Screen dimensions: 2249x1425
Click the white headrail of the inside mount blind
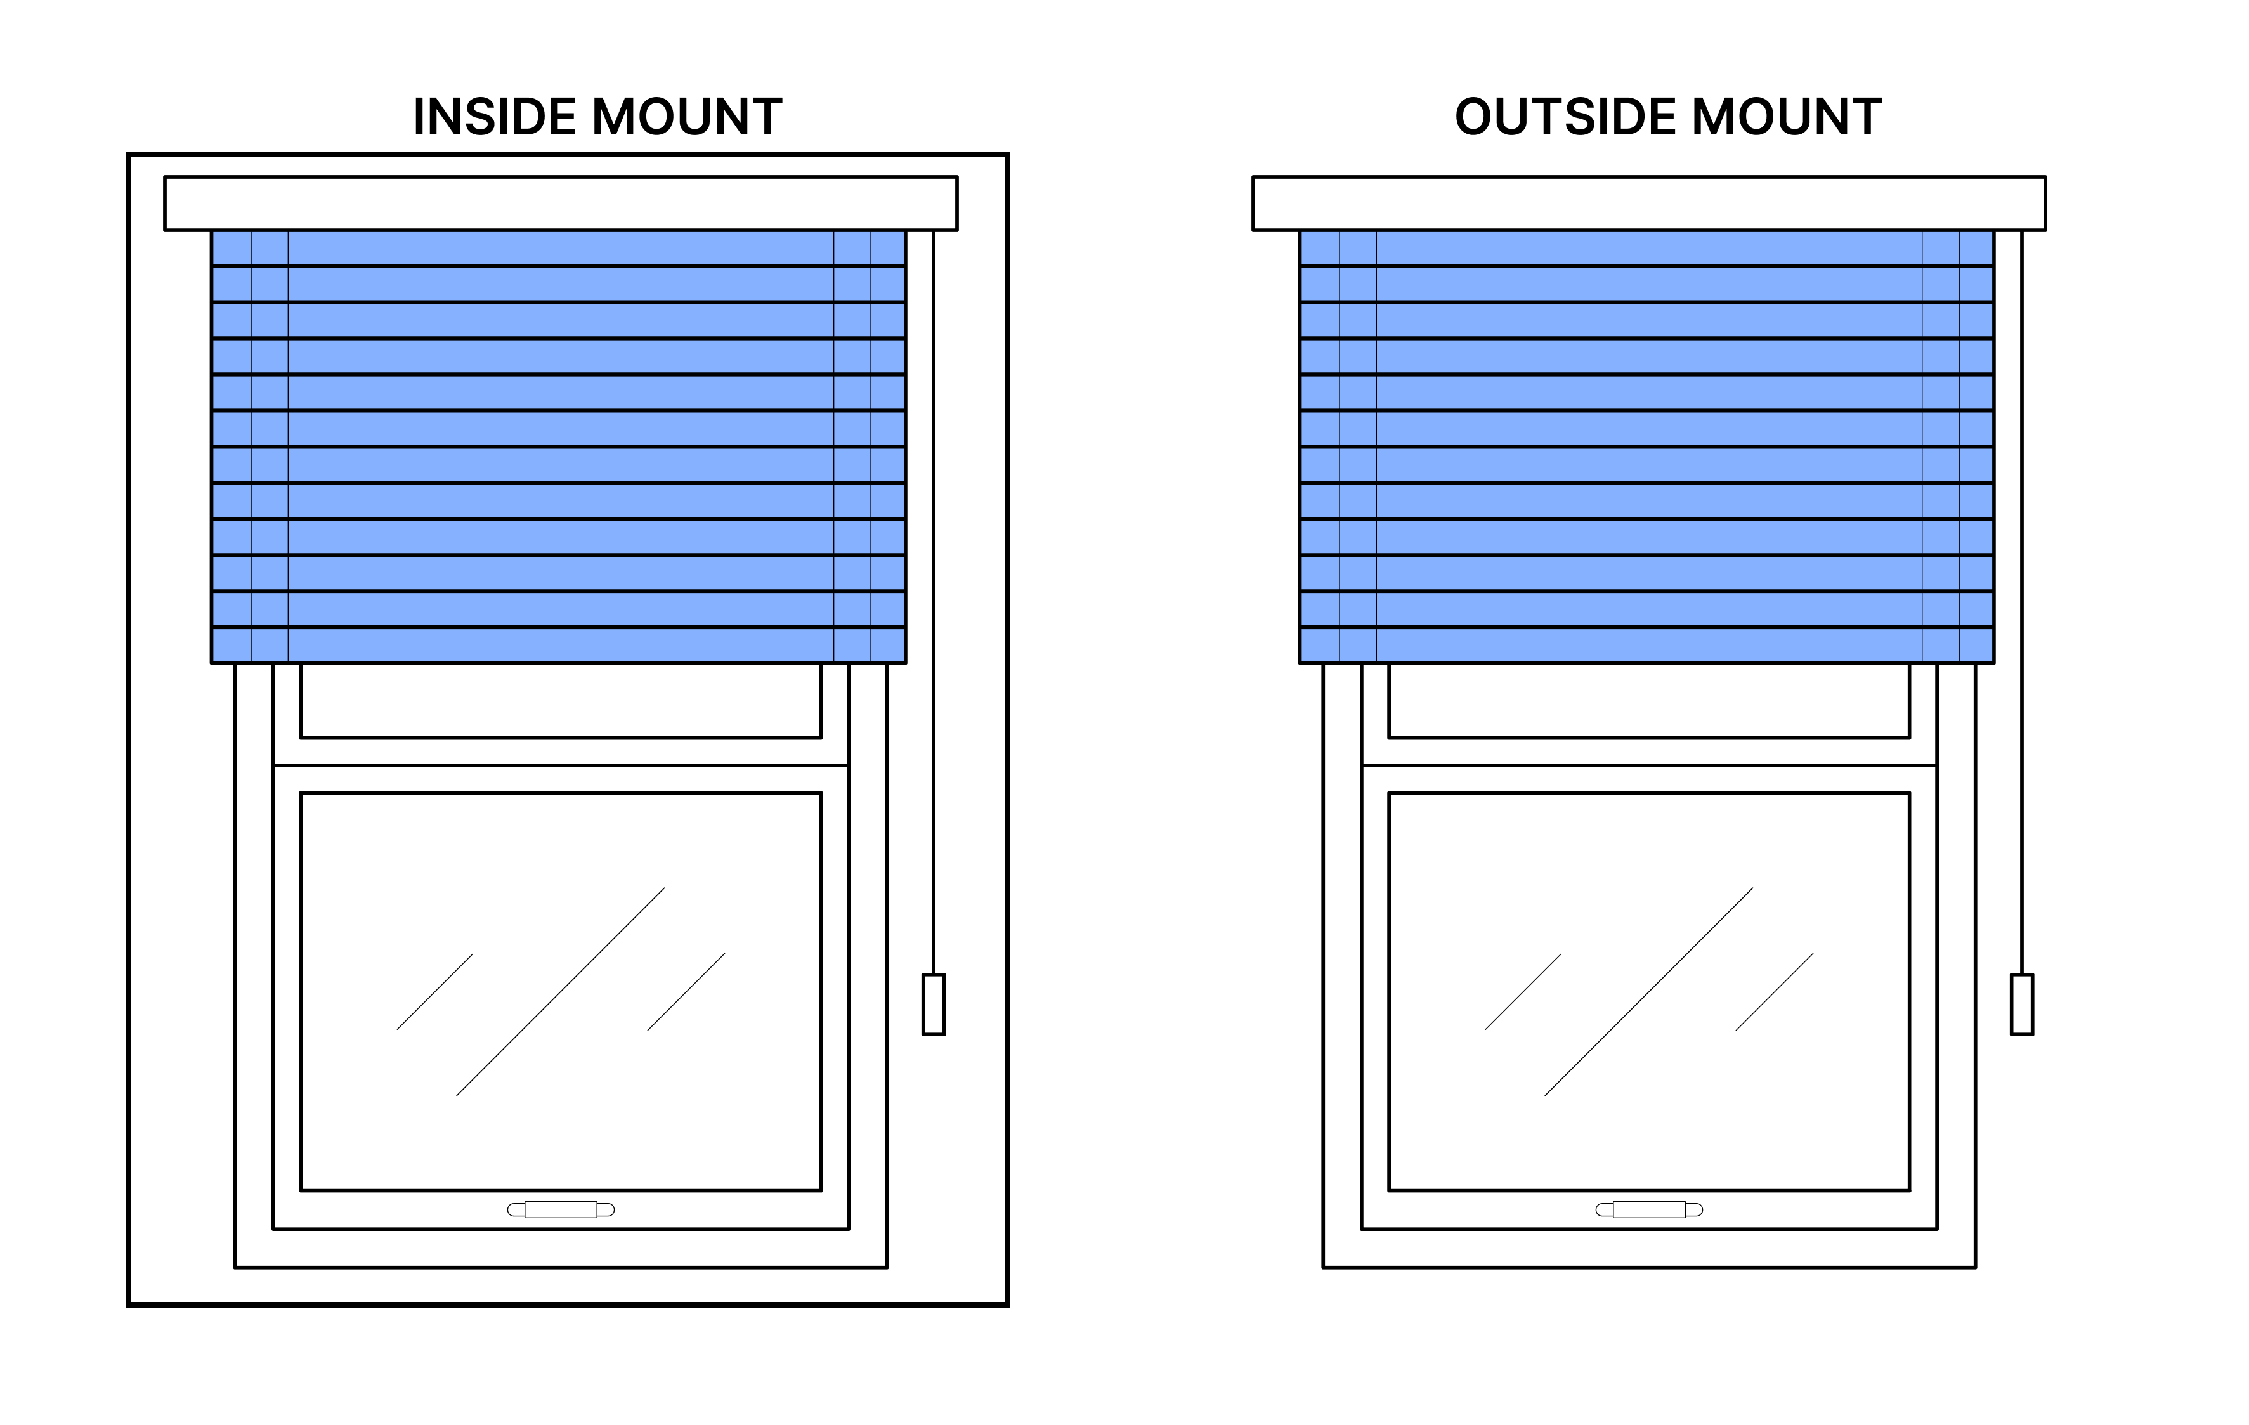pos(561,203)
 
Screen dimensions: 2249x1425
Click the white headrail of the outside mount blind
pos(1650,203)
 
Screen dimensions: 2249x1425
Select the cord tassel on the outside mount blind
pos(2022,1004)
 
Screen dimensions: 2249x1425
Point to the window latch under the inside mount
pos(561,1209)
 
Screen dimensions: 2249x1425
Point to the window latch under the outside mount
pos(1650,1209)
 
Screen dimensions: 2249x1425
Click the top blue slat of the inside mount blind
pos(559,249)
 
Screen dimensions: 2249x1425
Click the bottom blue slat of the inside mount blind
pos(559,645)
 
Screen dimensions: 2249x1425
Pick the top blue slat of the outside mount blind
pos(1646,249)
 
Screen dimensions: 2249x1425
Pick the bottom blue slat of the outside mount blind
pos(1646,645)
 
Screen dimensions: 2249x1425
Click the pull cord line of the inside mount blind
pos(933,602)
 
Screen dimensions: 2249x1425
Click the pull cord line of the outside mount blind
pos(2022,602)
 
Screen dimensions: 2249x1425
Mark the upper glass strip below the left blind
pos(561,700)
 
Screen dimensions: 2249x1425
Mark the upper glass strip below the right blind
pos(1650,700)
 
